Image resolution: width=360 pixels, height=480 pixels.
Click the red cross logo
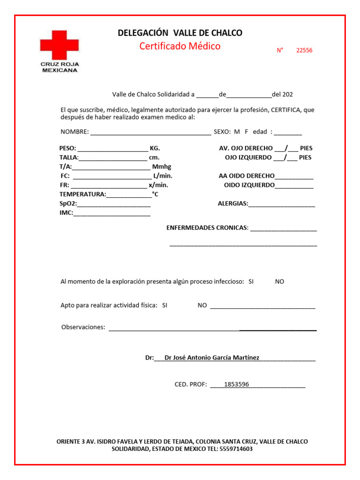pyautogui.click(x=59, y=45)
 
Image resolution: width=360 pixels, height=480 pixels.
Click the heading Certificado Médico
pyautogui.click(x=180, y=46)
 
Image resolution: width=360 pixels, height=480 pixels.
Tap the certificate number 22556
pyautogui.click(x=304, y=51)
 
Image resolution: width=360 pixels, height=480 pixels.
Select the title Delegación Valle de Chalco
pyautogui.click(x=180, y=33)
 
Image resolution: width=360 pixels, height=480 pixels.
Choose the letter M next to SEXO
pyautogui.click(x=237, y=132)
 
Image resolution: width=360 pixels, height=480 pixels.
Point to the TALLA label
pyautogui.click(x=68, y=157)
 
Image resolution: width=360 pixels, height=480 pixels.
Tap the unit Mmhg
pyautogui.click(x=162, y=167)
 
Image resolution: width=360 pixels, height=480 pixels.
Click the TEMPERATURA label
pyautogui.click(x=82, y=194)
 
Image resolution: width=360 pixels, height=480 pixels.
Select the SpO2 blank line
pyautogui.click(x=114, y=204)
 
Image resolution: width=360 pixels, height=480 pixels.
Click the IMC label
pyautogui.click(x=66, y=213)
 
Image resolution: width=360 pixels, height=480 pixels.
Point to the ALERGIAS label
pyautogui.click(x=232, y=204)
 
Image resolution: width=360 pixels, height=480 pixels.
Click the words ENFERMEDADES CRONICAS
pyautogui.click(x=207, y=228)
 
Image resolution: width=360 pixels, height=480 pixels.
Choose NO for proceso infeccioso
pyautogui.click(x=279, y=282)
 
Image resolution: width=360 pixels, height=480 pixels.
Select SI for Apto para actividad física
pyautogui.click(x=165, y=305)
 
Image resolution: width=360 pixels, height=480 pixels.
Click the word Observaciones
pyautogui.click(x=83, y=327)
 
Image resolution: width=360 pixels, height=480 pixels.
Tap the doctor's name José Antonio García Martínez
pyautogui.click(x=212, y=358)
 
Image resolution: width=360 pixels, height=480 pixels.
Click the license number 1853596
pyautogui.click(x=237, y=385)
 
